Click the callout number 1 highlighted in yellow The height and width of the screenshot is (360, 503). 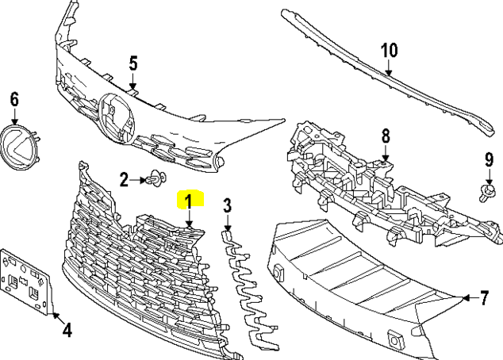190,199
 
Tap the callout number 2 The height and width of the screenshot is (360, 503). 124,180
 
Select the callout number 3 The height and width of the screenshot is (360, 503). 227,206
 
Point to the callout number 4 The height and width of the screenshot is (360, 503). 67,329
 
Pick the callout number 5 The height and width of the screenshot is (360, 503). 133,62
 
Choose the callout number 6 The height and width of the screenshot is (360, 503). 13,99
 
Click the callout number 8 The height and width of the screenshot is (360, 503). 386,136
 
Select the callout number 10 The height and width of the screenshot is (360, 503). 388,51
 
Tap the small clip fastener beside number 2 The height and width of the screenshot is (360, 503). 153,181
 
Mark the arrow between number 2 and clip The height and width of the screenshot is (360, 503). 136,180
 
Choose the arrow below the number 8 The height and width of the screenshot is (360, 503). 386,153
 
